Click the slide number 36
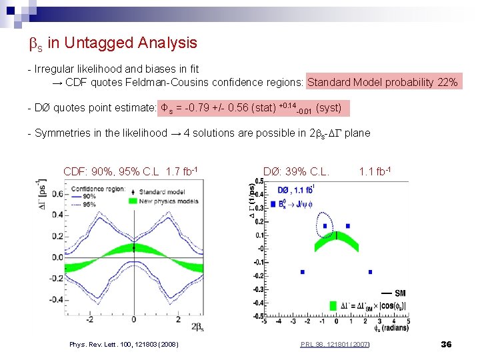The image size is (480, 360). point(446,344)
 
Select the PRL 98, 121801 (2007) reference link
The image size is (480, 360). point(335,344)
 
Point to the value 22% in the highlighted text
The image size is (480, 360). point(447,83)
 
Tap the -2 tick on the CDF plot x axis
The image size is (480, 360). point(89,319)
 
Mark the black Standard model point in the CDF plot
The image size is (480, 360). point(134,248)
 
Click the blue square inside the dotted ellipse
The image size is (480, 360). point(325,226)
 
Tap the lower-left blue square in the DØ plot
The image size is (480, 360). point(302,272)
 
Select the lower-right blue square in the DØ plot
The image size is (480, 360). point(370,272)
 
